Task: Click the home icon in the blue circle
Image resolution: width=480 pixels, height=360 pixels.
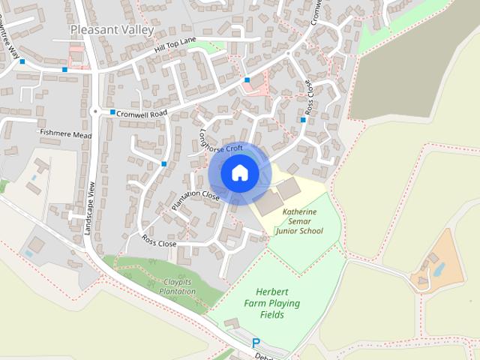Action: [x=240, y=173]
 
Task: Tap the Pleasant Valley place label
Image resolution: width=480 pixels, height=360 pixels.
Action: [x=112, y=29]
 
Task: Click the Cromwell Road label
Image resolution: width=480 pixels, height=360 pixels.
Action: [x=141, y=112]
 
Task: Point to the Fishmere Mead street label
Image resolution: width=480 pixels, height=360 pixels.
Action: [x=66, y=133]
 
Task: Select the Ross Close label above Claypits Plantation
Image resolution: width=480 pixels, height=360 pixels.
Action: [x=159, y=242]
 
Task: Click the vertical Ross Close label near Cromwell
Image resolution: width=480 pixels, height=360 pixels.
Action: [x=310, y=98]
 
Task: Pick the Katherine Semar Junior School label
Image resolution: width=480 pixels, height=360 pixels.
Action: [x=299, y=221]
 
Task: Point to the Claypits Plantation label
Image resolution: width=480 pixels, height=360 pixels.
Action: [x=168, y=287]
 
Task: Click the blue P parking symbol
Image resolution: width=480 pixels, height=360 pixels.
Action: [x=256, y=343]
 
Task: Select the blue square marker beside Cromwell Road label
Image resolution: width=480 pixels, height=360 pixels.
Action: [x=112, y=112]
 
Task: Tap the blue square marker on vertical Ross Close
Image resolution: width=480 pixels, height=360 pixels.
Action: [x=303, y=120]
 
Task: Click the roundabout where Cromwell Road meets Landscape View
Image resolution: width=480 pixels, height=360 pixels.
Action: [x=95, y=111]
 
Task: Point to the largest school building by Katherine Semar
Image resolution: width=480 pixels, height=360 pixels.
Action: [x=268, y=202]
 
